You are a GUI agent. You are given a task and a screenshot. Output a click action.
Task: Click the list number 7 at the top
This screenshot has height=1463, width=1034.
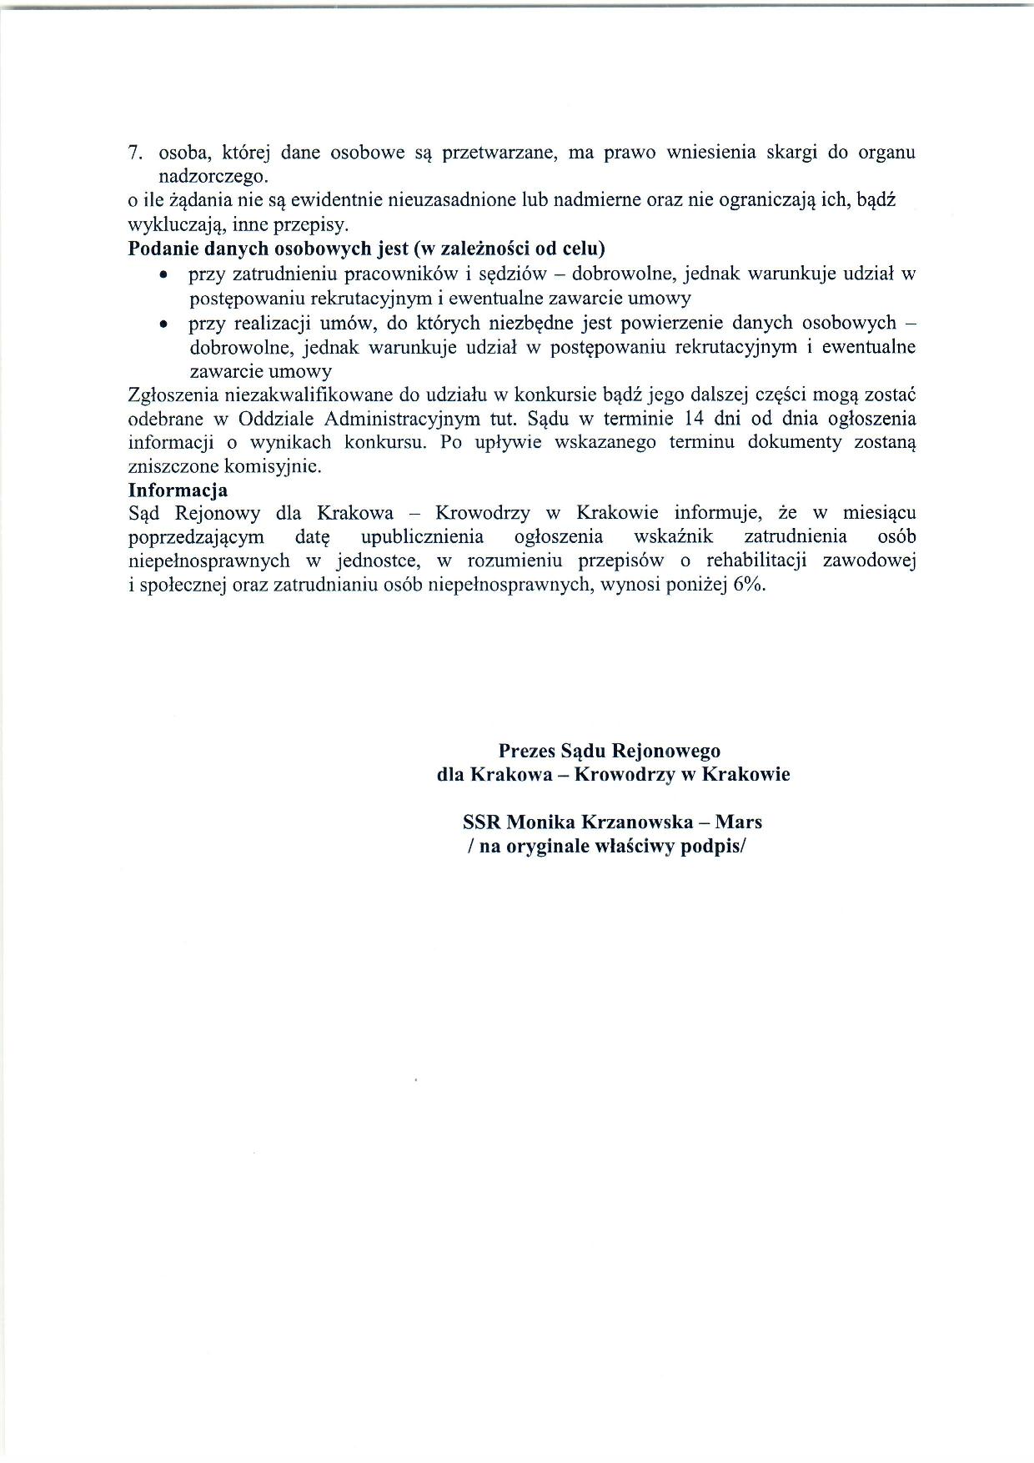click(133, 153)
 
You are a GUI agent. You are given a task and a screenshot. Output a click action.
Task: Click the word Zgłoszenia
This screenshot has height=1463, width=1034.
click(172, 395)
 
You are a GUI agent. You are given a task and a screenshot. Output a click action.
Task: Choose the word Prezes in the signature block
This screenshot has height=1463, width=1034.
click(526, 751)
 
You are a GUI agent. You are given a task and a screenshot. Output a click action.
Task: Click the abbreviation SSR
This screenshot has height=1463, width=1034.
click(481, 822)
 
